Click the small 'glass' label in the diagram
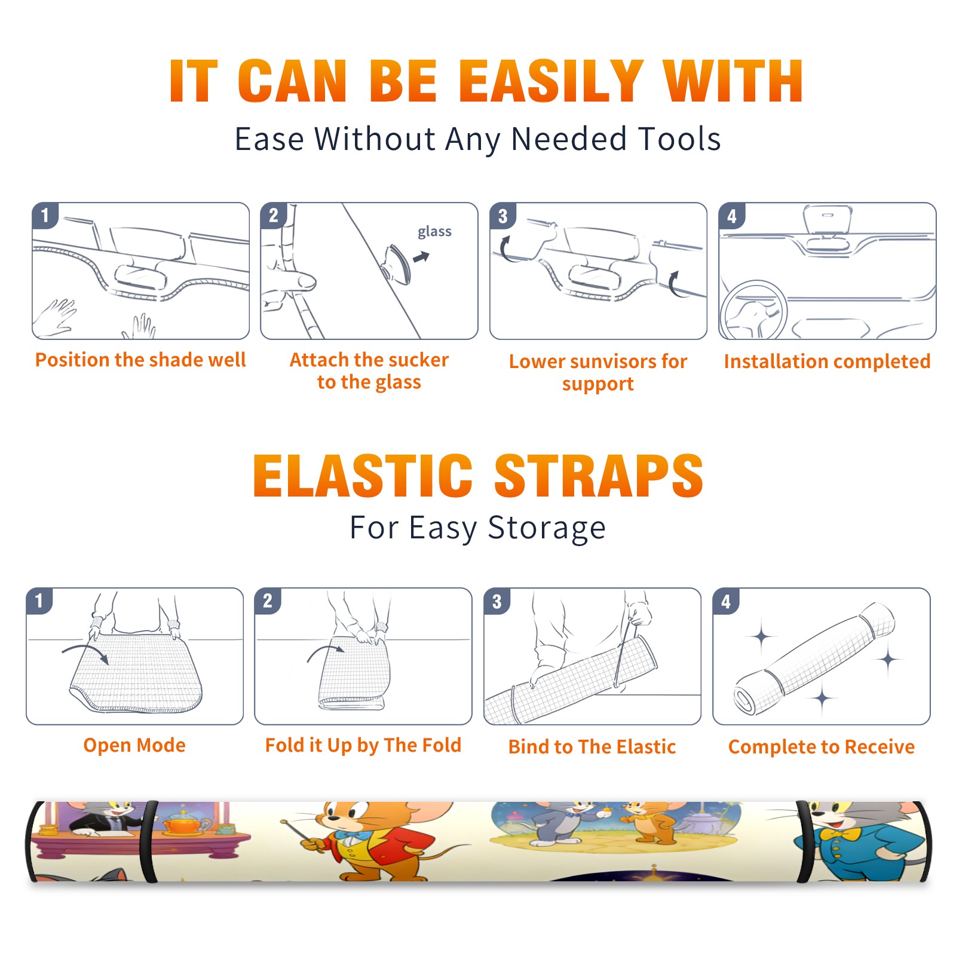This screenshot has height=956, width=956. (434, 232)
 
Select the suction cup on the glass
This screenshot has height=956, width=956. (398, 263)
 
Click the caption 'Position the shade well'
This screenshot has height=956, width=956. (140, 360)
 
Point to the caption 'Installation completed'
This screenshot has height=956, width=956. (827, 361)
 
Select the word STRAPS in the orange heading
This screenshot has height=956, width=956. (598, 476)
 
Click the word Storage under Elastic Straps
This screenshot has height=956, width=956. (547, 528)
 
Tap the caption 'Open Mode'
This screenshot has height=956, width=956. (134, 745)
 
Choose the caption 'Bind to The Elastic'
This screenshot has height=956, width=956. (592, 747)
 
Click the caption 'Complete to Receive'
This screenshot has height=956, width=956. (822, 747)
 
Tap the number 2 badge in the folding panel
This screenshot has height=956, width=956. (268, 601)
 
